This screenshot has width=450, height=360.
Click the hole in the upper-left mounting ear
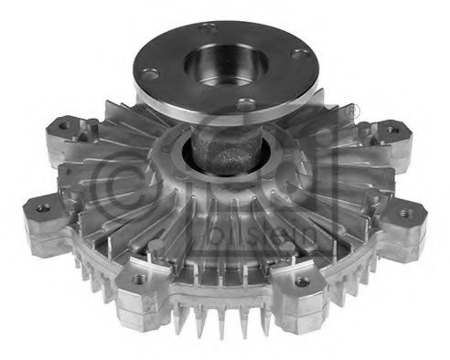[x=64, y=127]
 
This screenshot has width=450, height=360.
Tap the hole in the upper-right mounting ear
[x=391, y=129]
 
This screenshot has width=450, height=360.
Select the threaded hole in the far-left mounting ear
[x=43, y=208]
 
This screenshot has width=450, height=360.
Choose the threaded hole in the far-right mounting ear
[x=407, y=213]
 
